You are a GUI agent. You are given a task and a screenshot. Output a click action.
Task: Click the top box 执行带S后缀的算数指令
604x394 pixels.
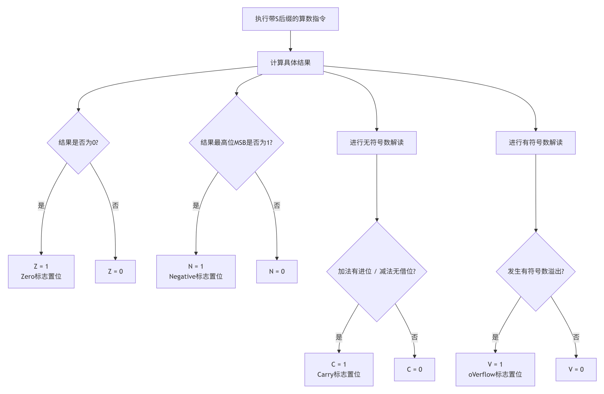pyautogui.click(x=290, y=19)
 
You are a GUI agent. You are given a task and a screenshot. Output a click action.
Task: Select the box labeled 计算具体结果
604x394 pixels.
pyautogui.click(x=290, y=63)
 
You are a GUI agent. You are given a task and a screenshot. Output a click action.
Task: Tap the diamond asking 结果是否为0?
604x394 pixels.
pyautogui.click(x=78, y=143)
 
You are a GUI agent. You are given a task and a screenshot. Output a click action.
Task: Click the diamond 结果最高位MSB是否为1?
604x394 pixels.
pyautogui.click(x=236, y=143)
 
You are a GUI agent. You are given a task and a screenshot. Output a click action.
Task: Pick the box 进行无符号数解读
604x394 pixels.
pyautogui.click(x=377, y=143)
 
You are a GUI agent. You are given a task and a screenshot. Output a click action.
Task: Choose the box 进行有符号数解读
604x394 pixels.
pyautogui.click(x=536, y=143)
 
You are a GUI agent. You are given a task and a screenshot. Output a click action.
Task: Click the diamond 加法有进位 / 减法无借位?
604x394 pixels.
pyautogui.click(x=377, y=271)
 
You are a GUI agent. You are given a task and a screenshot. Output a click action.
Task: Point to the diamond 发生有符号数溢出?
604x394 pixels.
pyautogui.click(x=536, y=271)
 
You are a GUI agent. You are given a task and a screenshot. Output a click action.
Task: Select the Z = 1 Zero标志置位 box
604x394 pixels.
pyautogui.click(x=41, y=271)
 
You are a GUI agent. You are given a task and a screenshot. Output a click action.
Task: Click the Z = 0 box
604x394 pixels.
pyautogui.click(x=115, y=271)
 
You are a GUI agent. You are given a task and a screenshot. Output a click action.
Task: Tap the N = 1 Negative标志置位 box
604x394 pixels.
pyautogui.click(x=196, y=271)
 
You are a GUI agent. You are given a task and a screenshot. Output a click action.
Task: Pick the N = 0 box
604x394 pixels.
pyautogui.click(x=277, y=271)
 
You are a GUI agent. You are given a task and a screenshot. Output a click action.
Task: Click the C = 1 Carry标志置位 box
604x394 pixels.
pyautogui.click(x=339, y=370)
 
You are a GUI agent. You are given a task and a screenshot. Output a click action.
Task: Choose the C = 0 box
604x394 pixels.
pyautogui.click(x=415, y=370)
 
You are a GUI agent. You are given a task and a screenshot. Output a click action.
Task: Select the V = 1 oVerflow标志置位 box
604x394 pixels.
pyautogui.click(x=495, y=370)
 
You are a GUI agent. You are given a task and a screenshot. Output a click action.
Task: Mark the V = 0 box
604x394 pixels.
pyautogui.click(x=576, y=370)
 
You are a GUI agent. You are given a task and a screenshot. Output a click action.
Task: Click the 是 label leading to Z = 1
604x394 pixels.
pyautogui.click(x=41, y=205)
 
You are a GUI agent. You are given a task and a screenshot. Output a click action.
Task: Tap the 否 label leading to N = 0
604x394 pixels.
pyautogui.click(x=277, y=205)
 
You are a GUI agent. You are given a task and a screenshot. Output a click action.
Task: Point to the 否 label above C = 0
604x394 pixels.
pyautogui.click(x=415, y=337)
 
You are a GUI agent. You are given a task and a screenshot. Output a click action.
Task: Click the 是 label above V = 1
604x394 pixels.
pyautogui.click(x=496, y=337)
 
